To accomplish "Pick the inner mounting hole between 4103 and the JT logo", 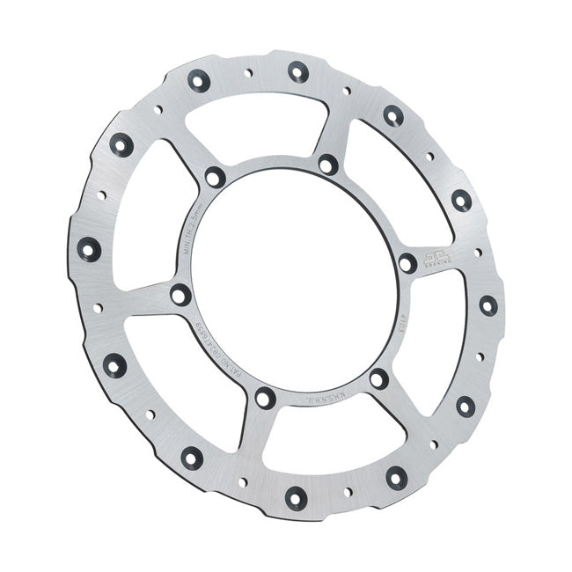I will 407,262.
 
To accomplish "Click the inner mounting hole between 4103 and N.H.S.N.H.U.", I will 378,379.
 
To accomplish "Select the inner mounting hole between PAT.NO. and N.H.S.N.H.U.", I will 265,399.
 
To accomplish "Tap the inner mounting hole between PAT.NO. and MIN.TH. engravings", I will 180,295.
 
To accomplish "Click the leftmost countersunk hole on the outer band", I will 89,249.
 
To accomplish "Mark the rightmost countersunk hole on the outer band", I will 488,305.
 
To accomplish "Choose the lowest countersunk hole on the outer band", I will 295,497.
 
